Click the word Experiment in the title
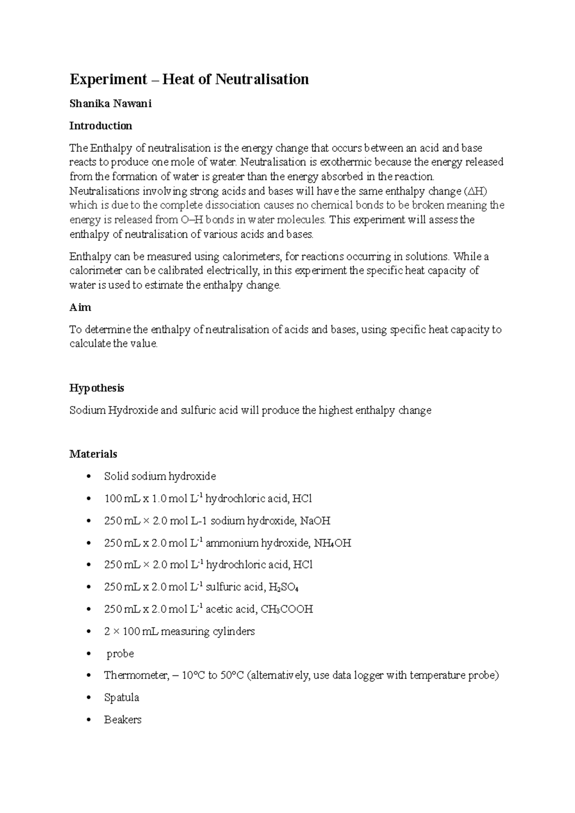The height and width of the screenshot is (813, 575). point(108,79)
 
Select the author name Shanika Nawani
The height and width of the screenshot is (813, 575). point(110,104)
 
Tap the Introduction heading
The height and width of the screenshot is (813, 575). point(101,126)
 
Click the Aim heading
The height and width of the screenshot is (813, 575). point(80,307)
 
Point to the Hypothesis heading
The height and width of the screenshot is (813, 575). point(97,388)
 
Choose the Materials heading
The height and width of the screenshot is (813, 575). point(93,454)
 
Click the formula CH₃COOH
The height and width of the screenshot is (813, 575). point(287,609)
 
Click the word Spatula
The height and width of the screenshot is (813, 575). point(121,697)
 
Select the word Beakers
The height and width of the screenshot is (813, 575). point(123,720)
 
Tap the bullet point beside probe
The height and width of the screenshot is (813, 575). point(88,654)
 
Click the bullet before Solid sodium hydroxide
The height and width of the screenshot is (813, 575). point(88,476)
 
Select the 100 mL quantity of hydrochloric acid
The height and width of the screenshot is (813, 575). point(119,499)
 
